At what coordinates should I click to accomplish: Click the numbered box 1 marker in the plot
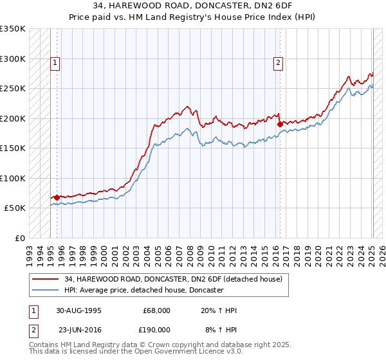55,63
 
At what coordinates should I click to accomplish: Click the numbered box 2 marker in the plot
278,63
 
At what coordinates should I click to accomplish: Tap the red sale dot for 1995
57,197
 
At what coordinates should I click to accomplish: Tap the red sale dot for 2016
280,125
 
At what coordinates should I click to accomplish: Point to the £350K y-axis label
13,29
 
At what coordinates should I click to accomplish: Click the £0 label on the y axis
21,238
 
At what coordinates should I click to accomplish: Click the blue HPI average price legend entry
143,291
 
